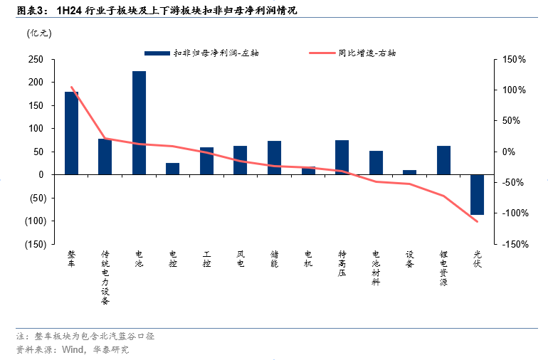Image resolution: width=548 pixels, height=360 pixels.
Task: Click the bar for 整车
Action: tap(71, 133)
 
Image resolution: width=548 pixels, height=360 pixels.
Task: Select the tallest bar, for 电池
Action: tap(139, 122)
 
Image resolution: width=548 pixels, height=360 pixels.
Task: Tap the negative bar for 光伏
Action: tap(477, 194)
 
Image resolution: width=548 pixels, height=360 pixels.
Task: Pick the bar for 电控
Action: tap(173, 169)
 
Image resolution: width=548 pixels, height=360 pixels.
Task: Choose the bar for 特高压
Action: tap(342, 157)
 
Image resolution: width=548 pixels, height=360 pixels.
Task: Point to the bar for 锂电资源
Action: tap(443, 160)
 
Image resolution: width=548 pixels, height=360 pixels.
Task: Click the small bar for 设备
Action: tap(409, 172)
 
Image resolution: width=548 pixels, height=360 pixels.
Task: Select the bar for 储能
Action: tap(274, 157)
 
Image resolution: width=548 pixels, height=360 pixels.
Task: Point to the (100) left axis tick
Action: tap(33, 221)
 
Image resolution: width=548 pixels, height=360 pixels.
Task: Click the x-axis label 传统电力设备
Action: tap(105, 277)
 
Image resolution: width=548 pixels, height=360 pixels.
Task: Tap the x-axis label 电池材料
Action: tap(376, 268)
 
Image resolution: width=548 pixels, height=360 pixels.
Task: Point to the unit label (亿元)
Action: tap(37, 33)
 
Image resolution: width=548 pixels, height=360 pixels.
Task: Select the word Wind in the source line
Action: tap(73, 349)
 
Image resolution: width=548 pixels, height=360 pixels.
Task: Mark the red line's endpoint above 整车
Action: tap(71, 88)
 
